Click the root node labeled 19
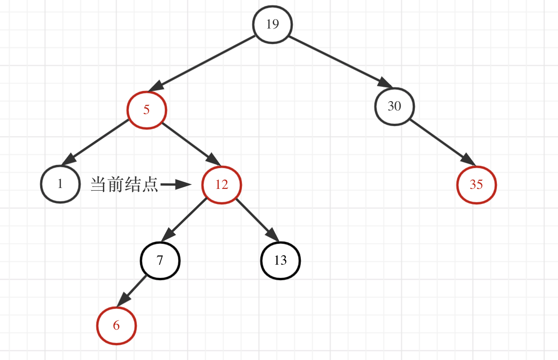click(272, 24)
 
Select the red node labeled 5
click(147, 110)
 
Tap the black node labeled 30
click(394, 106)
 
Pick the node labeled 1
click(60, 184)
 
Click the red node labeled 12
click(222, 184)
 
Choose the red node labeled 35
click(476, 184)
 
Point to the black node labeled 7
click(160, 260)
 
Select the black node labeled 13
click(280, 260)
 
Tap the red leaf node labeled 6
click(116, 326)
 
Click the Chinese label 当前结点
click(124, 184)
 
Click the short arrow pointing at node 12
click(176, 184)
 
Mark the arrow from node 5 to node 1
click(95, 142)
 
